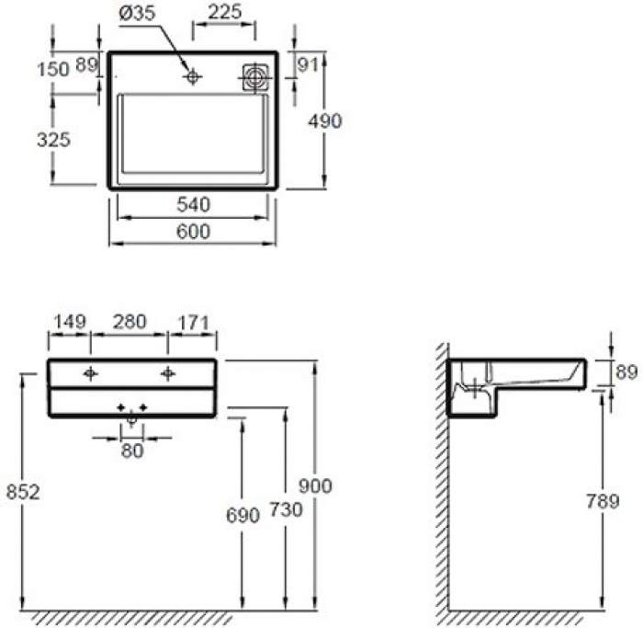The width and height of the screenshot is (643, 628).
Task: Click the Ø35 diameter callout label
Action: pos(138,13)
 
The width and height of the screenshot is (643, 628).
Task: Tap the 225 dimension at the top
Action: pos(224,12)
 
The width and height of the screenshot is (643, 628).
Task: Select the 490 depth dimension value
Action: pos(325,121)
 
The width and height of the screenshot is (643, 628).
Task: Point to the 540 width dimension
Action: pos(193,204)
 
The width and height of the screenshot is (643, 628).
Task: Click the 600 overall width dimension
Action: pos(193,232)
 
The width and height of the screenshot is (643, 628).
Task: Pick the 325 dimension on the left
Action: pos(53,140)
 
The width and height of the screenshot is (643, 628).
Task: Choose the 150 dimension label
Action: pos(53,69)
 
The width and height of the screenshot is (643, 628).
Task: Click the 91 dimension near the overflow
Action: pos(308,65)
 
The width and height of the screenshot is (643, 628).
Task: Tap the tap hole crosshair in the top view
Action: pos(192,76)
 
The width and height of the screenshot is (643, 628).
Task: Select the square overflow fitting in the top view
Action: pos(254,77)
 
